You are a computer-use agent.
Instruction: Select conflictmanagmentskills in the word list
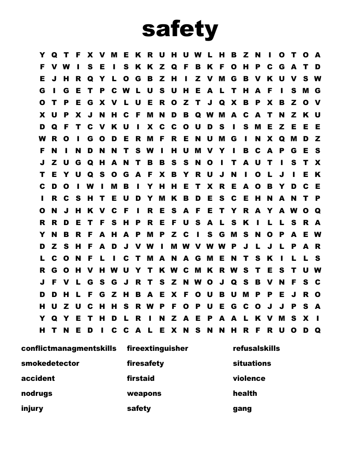tap(69, 348)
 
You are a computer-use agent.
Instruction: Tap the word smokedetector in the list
tap(50, 363)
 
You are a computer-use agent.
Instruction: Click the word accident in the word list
tap(38, 378)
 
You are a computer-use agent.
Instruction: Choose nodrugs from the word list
tap(37, 393)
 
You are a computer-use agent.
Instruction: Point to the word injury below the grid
tap(32, 408)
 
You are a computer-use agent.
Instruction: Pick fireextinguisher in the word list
tap(157, 348)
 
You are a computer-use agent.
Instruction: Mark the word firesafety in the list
tap(145, 363)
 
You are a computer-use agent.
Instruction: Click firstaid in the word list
tap(141, 378)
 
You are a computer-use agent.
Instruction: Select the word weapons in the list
tap(144, 393)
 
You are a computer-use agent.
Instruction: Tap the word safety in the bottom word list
tap(139, 408)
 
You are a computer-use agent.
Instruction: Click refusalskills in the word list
tap(256, 348)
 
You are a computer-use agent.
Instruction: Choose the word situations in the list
tap(252, 363)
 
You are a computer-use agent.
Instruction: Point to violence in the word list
tap(249, 378)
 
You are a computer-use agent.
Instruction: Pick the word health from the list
tap(245, 393)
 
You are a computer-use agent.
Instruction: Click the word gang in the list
tap(242, 408)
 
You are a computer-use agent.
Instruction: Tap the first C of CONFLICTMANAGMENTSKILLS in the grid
tap(54, 258)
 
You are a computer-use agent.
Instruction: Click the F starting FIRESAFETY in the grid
tap(126, 210)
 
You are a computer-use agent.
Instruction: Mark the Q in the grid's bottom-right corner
tap(318, 330)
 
